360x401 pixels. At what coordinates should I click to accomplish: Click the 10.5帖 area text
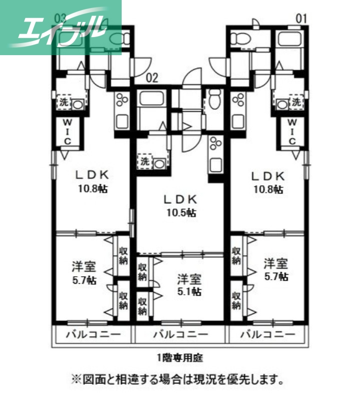tap(181, 213)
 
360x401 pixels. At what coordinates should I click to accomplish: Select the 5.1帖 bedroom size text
tap(189, 291)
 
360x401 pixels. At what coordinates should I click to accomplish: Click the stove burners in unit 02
tap(216, 144)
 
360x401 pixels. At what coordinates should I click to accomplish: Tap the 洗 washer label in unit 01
tap(297, 102)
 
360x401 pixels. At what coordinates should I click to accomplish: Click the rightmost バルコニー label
tap(267, 334)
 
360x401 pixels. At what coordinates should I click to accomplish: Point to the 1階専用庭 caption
tap(180, 358)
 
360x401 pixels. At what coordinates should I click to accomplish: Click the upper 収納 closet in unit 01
tap(236, 254)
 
